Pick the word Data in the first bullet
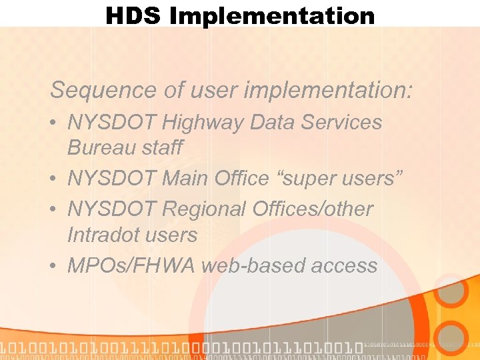tap(280, 122)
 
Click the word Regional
tap(205, 209)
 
